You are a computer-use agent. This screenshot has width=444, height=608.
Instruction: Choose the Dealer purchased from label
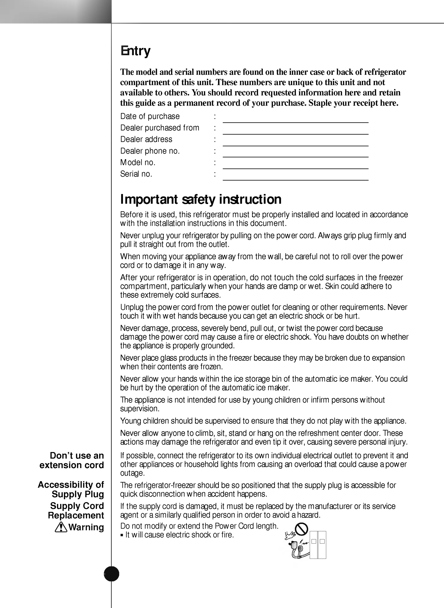(x=160, y=128)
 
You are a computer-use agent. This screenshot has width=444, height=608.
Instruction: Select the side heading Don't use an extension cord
(x=72, y=460)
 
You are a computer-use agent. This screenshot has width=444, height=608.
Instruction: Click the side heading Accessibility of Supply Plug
(x=71, y=490)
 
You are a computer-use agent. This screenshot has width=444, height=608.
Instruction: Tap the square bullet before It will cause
(x=122, y=535)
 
